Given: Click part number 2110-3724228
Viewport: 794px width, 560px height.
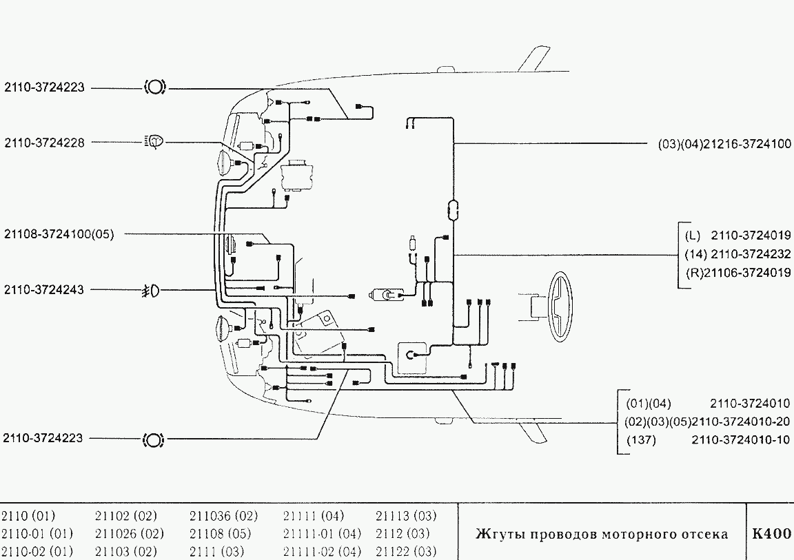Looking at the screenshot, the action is [x=45, y=143].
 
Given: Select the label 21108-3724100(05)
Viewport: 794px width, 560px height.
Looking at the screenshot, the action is [x=59, y=234].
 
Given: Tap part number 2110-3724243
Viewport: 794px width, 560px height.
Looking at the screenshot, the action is [x=44, y=290].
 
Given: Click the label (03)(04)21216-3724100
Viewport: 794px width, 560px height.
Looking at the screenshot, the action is [x=724, y=144].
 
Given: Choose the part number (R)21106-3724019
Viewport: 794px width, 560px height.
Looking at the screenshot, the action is [x=738, y=273].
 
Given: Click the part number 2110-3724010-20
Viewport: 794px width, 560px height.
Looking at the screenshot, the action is [x=741, y=422].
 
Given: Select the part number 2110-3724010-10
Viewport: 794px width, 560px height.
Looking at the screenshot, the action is [x=741, y=439].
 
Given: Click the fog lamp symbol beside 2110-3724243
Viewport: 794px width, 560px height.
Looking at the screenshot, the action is [x=151, y=291].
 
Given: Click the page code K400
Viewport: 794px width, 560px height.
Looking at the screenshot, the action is [x=771, y=534].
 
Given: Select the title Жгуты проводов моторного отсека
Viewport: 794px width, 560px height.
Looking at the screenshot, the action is [x=602, y=535].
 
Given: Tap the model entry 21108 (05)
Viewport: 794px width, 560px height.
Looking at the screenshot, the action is [x=221, y=534].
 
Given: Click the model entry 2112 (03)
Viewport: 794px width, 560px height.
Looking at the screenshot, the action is [x=403, y=534].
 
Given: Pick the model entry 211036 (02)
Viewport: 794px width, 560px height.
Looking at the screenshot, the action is [x=223, y=516].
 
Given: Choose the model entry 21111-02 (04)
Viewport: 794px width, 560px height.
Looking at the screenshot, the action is [x=322, y=551].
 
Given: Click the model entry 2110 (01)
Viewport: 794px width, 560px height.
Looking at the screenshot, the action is [x=28, y=516].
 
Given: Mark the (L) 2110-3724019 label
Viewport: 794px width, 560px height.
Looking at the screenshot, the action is [x=737, y=236].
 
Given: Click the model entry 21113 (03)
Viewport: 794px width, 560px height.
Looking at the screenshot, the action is [x=405, y=516].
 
